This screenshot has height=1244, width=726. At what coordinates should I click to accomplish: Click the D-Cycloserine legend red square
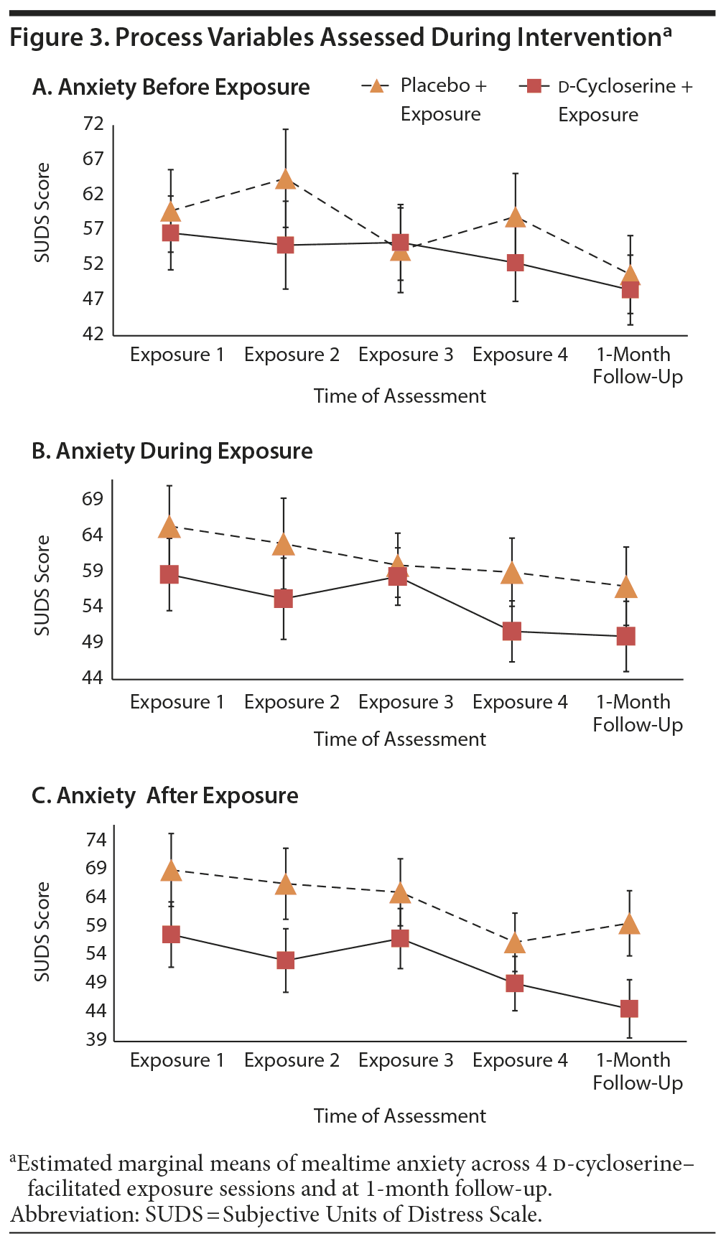click(x=534, y=87)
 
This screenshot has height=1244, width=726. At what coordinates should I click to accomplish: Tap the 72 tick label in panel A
click(x=93, y=124)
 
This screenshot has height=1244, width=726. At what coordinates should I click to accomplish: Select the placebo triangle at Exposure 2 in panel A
click(x=286, y=179)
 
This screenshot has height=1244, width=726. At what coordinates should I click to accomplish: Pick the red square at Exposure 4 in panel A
click(x=515, y=263)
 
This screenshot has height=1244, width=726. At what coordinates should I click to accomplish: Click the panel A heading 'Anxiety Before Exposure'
click(x=171, y=88)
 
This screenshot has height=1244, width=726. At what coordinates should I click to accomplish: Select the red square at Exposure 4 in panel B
click(x=512, y=631)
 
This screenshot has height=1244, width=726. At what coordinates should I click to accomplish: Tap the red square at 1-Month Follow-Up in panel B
click(x=625, y=636)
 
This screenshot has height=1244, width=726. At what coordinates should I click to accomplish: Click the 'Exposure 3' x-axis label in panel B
click(x=406, y=702)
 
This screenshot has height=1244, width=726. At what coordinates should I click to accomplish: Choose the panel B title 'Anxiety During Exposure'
click(x=172, y=452)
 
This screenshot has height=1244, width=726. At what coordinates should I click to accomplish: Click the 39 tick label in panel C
click(x=96, y=1039)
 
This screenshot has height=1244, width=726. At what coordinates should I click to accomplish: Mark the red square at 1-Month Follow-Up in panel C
click(x=629, y=1009)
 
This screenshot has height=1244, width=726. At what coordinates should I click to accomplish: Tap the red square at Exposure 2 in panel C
click(x=286, y=960)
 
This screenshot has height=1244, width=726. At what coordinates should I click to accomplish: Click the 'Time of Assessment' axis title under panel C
click(x=399, y=1116)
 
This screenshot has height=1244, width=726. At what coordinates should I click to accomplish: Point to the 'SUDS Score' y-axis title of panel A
click(x=42, y=212)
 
